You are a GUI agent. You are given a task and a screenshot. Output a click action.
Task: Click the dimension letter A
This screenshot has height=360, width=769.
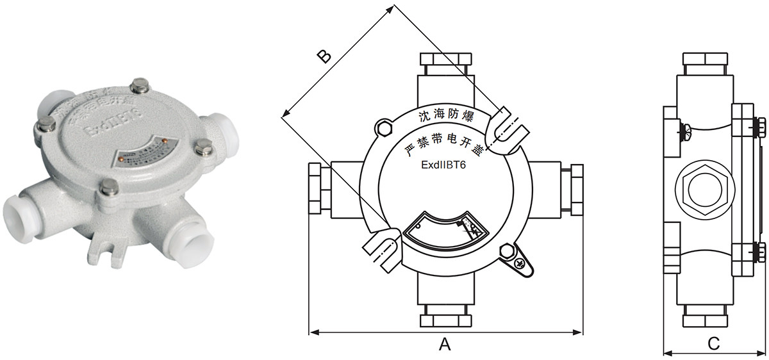click(445, 345)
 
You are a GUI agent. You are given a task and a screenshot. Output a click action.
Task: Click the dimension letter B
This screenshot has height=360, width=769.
click(325, 56)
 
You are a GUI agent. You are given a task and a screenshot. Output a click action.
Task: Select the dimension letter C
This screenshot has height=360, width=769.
click(713, 344)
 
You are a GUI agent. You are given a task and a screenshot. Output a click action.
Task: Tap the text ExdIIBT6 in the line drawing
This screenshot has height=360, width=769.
click(446, 165)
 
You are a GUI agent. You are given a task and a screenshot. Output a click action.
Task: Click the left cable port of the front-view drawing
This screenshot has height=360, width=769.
click(318, 190)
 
